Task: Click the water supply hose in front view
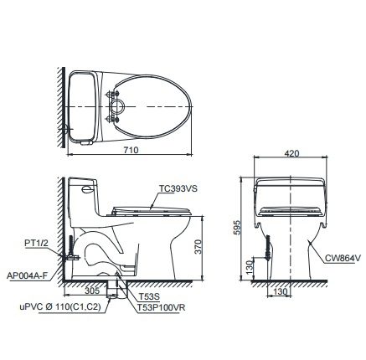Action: point(269,251)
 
